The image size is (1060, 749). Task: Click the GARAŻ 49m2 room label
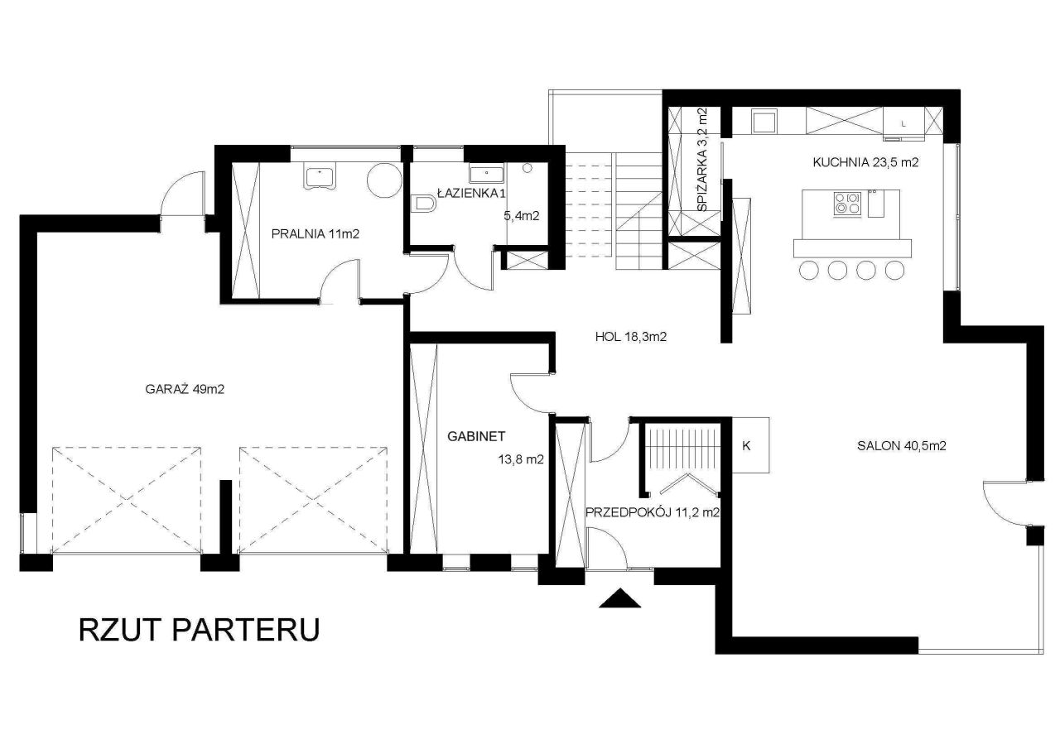(x=185, y=389)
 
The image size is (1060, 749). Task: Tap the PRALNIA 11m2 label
(x=316, y=233)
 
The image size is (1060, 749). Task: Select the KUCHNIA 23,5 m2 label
(x=865, y=163)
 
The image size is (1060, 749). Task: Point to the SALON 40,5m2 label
(x=902, y=446)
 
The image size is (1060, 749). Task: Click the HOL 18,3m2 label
(x=631, y=337)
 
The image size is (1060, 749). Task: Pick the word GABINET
(x=476, y=436)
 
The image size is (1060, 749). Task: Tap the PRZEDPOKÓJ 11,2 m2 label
(x=653, y=512)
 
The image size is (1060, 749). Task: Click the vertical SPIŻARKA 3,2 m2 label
(x=703, y=160)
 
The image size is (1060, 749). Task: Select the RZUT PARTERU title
(x=200, y=630)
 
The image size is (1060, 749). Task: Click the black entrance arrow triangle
(x=620, y=598)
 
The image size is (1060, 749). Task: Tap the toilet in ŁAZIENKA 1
(x=423, y=204)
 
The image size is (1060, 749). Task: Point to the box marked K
(x=750, y=445)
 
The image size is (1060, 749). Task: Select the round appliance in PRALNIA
(x=385, y=180)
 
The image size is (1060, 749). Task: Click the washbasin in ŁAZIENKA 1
(x=486, y=174)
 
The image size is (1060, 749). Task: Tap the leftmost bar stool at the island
(x=809, y=271)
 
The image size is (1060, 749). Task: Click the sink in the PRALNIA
(x=320, y=177)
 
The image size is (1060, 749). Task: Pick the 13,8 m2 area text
(x=521, y=459)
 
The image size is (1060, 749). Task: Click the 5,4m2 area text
(x=522, y=216)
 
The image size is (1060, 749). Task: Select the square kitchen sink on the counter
(x=764, y=121)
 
